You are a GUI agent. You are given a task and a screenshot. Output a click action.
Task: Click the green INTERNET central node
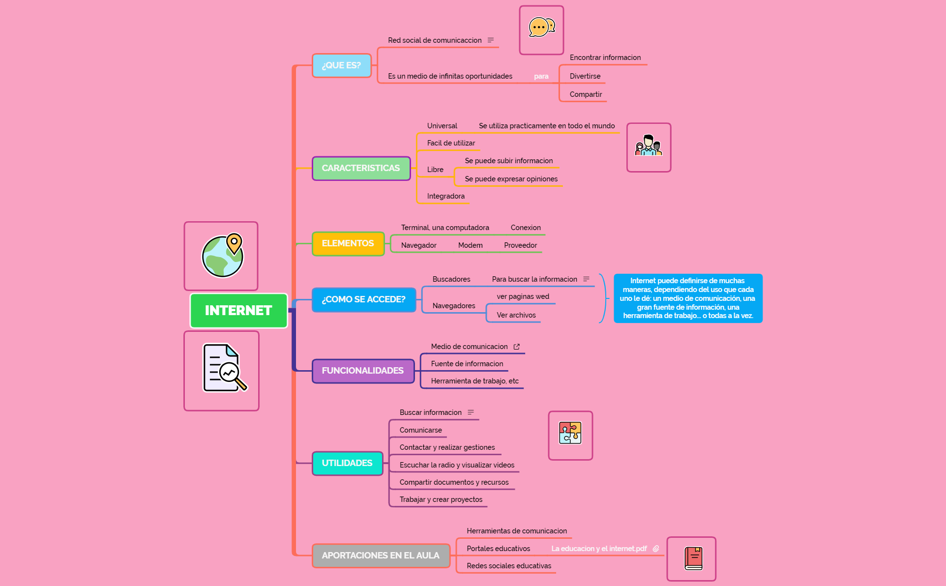238,311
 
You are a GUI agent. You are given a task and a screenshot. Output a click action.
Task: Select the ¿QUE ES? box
342,65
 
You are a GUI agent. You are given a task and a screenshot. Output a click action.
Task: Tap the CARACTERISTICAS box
361,168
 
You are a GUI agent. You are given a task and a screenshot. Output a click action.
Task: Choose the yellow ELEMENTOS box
348,243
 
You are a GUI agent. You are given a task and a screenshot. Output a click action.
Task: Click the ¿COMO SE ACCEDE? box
364,299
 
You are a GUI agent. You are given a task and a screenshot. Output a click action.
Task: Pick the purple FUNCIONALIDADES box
363,371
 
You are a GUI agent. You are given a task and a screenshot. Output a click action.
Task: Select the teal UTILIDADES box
347,463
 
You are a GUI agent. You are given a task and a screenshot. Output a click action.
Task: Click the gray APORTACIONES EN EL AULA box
381,556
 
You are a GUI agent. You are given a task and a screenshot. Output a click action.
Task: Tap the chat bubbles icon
541,28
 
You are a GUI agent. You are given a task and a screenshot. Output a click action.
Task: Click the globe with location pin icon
223,256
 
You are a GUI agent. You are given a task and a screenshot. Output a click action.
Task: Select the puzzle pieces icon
570,433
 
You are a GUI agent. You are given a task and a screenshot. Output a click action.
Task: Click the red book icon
693,558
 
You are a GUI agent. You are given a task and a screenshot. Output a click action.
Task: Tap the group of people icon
649,146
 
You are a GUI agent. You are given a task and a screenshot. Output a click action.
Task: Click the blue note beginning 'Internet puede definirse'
688,298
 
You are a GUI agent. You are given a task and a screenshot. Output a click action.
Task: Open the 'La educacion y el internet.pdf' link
599,549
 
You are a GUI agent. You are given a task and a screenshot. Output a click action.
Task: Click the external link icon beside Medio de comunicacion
517,347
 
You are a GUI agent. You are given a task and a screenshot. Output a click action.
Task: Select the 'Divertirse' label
585,76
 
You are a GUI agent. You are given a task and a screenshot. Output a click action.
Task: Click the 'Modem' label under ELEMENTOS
470,245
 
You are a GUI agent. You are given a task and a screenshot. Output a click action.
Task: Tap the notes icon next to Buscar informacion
471,412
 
